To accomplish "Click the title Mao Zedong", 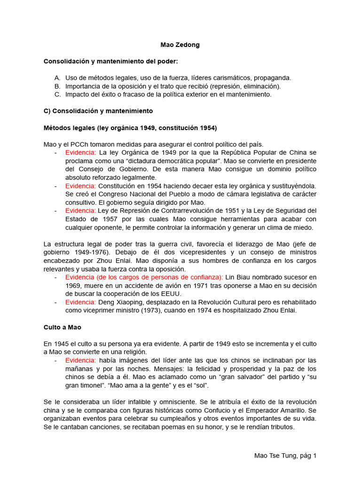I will [180, 45].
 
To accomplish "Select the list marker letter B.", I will [57, 86].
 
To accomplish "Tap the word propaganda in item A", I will [274, 78].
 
